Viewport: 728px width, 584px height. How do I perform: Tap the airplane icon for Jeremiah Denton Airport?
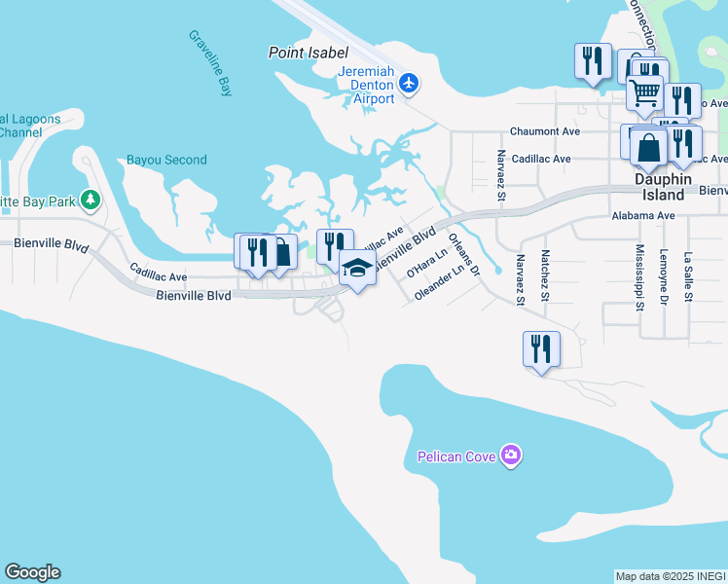point(408,84)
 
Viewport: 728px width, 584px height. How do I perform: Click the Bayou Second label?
point(166,160)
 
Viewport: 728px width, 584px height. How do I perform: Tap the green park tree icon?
point(91,201)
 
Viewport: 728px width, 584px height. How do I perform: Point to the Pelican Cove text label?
point(457,456)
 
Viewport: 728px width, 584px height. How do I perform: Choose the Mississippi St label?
point(640,276)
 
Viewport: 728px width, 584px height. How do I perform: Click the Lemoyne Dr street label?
point(665,276)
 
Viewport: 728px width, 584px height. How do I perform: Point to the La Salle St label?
point(688,275)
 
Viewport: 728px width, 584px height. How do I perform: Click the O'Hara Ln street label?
point(425,264)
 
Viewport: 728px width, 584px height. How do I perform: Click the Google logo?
point(32,572)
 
